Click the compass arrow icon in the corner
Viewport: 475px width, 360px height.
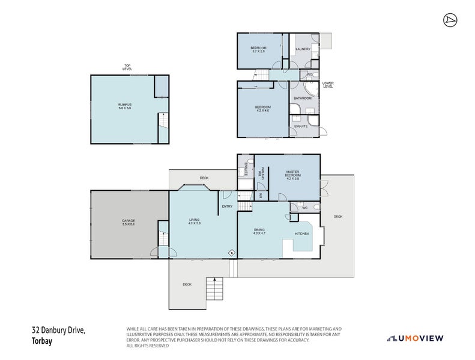449,20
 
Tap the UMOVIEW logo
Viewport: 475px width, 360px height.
415,338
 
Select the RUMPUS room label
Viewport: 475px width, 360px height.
124,106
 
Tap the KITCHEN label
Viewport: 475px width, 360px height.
301,233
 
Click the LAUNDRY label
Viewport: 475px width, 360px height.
302,49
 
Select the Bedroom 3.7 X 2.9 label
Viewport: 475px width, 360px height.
258,49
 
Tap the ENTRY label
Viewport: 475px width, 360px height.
227,207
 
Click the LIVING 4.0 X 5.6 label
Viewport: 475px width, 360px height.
194,222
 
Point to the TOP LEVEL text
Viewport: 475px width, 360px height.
127,67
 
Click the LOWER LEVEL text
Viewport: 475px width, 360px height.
327,85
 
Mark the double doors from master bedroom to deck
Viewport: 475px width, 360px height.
323,188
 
